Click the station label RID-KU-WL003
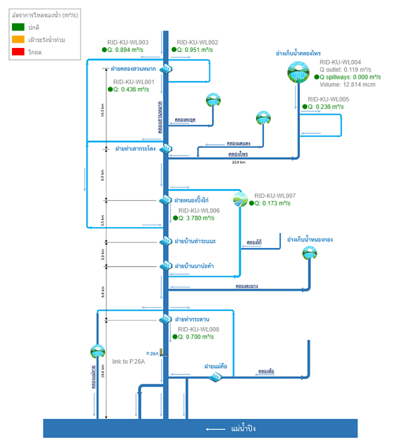pyautogui.click(x=128, y=42)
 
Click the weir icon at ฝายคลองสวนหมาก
pyautogui.click(x=166, y=69)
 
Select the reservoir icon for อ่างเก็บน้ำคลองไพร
pyautogui.click(x=298, y=73)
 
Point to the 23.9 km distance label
pyautogui.click(x=238, y=162)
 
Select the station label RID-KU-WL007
pyautogui.click(x=275, y=195)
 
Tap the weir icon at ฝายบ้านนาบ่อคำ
pyautogui.click(x=166, y=266)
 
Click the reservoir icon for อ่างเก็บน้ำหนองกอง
pyautogui.click(x=310, y=253)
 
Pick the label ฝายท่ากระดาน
pyautogui.click(x=192, y=319)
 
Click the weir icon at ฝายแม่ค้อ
pyautogui.click(x=215, y=377)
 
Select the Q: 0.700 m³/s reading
pyautogui.click(x=196, y=337)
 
